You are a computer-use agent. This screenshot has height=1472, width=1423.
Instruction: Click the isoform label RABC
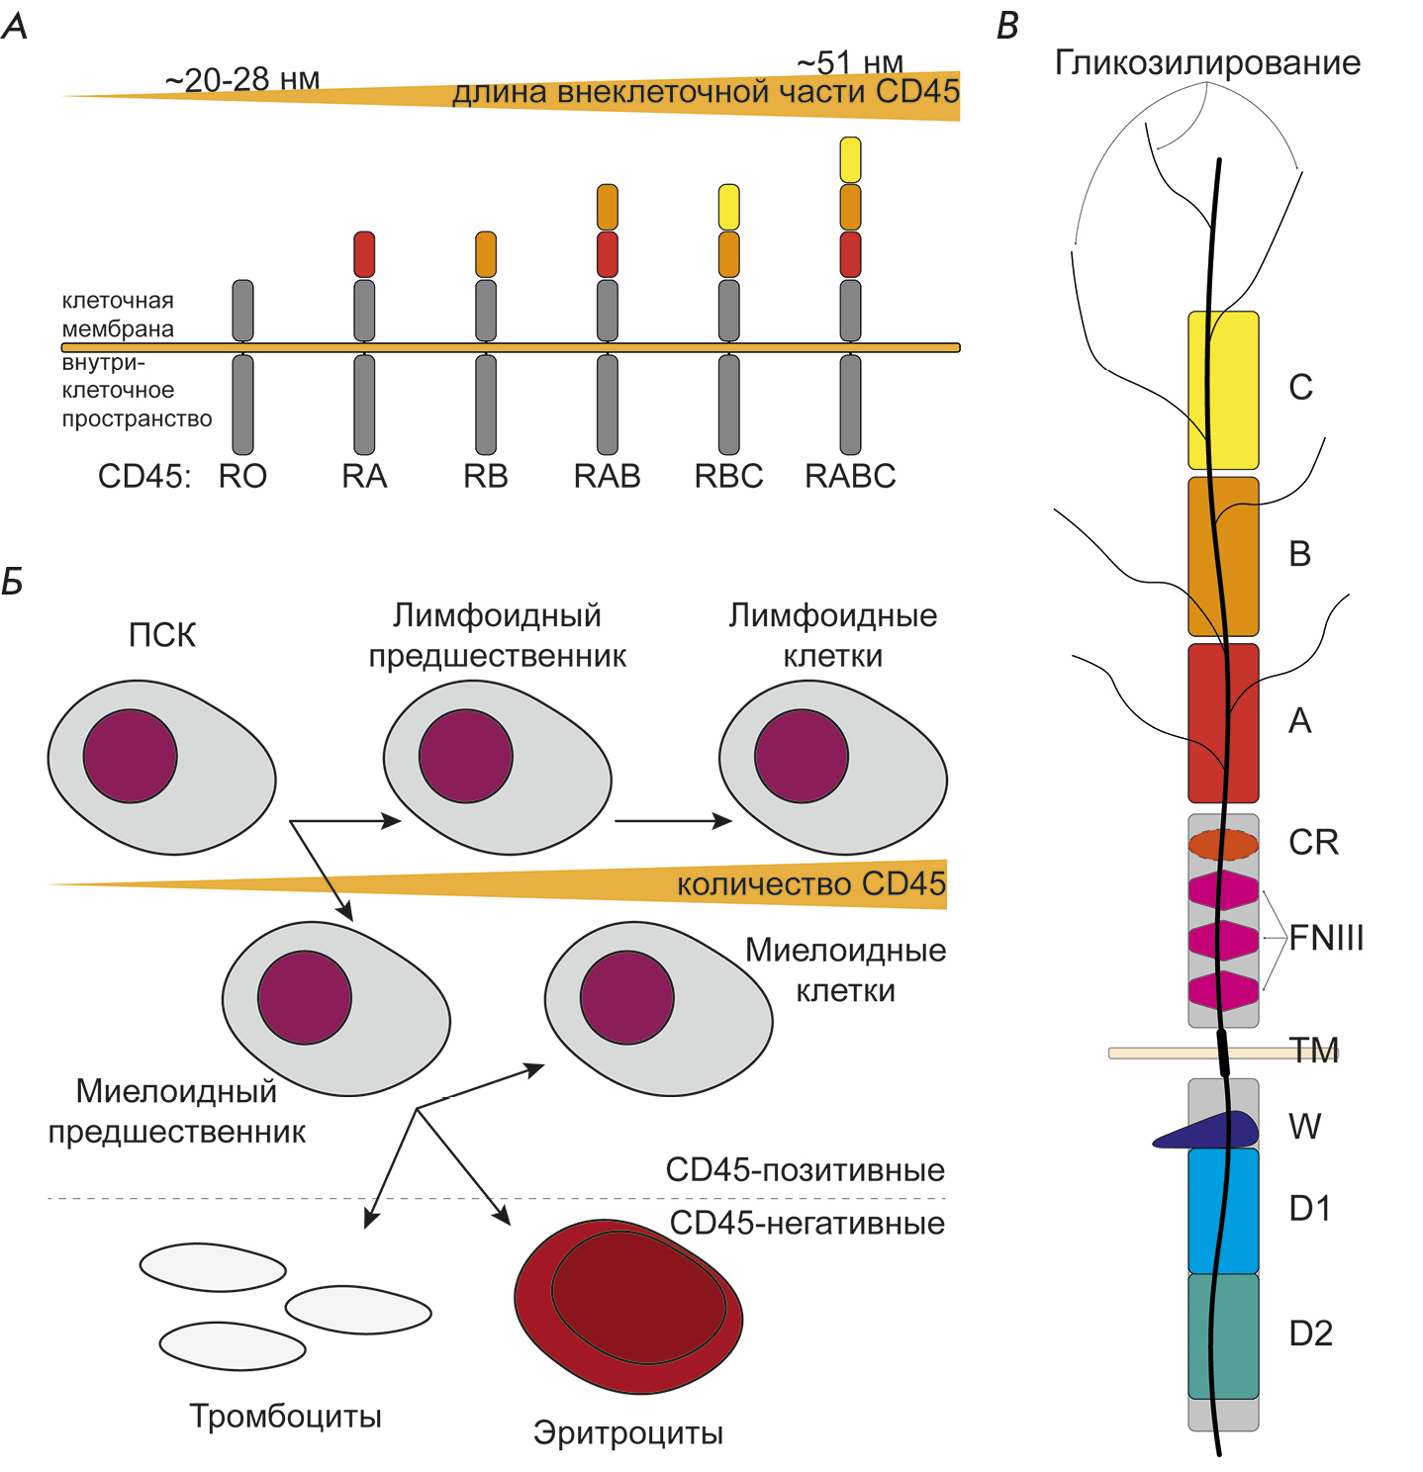pyautogui.click(x=850, y=476)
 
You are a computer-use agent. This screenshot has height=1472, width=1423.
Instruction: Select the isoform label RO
pyautogui.click(x=242, y=476)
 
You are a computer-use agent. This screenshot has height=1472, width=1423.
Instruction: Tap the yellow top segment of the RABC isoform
pyautogui.click(x=850, y=159)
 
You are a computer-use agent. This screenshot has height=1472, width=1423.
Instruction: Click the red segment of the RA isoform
pyautogui.click(x=364, y=254)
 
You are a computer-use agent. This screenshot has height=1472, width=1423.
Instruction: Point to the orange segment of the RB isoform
pyautogui.click(x=486, y=254)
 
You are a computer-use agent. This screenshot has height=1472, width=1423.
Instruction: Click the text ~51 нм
pyautogui.click(x=850, y=63)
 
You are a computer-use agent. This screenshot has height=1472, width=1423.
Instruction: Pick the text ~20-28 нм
pyautogui.click(x=242, y=80)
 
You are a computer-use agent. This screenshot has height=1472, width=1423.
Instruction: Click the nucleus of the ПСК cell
pyautogui.click(x=130, y=756)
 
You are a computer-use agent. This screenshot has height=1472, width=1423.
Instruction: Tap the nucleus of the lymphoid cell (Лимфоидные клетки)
pyautogui.click(x=801, y=756)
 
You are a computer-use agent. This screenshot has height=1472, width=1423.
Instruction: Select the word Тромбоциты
pyautogui.click(x=285, y=1416)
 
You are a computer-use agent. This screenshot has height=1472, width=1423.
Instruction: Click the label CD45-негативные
pyautogui.click(x=807, y=1223)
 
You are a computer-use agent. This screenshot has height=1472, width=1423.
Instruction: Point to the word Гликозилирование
pyautogui.click(x=1207, y=62)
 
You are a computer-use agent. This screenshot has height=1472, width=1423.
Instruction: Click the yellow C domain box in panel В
pyautogui.click(x=1223, y=391)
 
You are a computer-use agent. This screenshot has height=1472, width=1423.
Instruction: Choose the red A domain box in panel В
pyautogui.click(x=1223, y=723)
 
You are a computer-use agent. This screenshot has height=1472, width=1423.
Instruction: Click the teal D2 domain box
pyautogui.click(x=1223, y=1335)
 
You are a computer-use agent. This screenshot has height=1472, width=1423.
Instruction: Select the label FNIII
pyautogui.click(x=1326, y=937)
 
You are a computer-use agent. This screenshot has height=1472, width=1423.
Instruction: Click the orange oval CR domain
pyautogui.click(x=1223, y=844)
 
